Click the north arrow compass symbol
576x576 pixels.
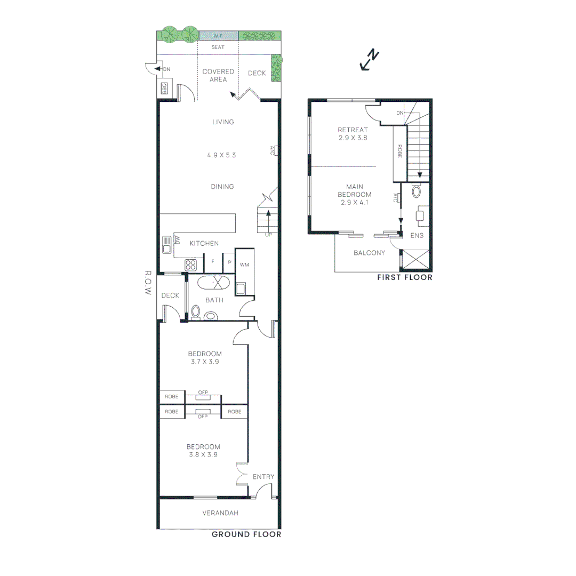click(x=370, y=60)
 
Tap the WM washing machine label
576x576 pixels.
click(x=244, y=265)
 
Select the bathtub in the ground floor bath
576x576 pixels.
click(x=213, y=283)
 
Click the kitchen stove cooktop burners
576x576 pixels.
click(x=191, y=265)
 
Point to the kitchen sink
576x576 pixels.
click(x=167, y=245)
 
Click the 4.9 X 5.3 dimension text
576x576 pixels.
click(x=221, y=156)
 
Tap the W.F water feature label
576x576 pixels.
click(x=218, y=36)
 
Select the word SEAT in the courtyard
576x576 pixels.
click(x=218, y=47)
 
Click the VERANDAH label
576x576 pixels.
click(x=220, y=513)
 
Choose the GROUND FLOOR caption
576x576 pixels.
click(x=246, y=534)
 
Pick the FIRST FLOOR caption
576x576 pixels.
click(x=404, y=277)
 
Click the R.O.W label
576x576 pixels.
click(x=148, y=284)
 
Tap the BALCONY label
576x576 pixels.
click(x=369, y=253)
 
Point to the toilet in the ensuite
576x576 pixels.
click(x=417, y=191)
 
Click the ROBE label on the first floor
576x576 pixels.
click(x=399, y=151)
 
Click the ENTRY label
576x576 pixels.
click(x=263, y=477)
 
